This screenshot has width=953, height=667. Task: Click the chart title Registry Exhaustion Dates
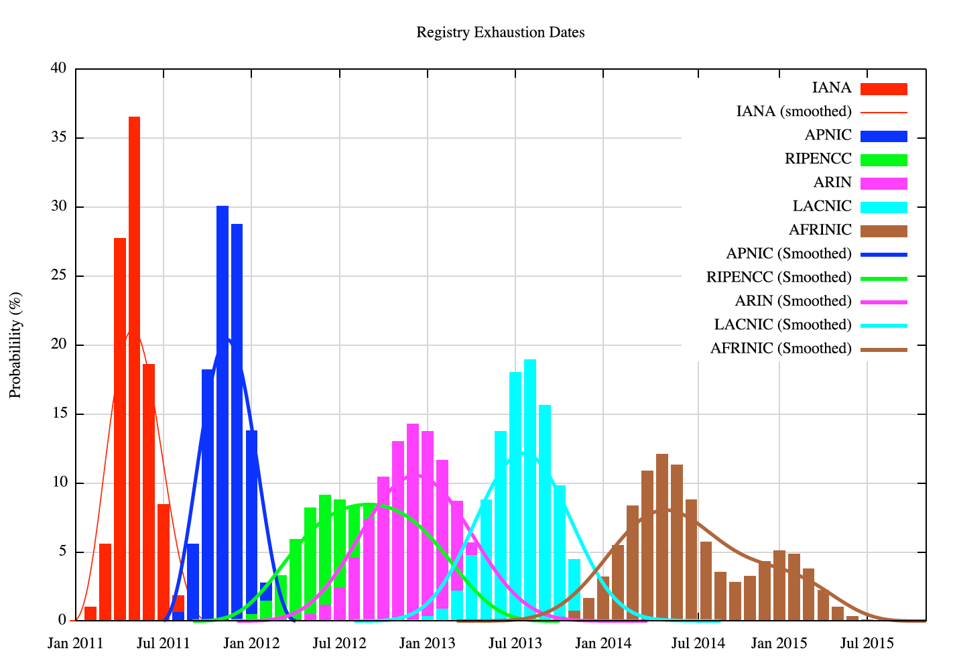coord(500,32)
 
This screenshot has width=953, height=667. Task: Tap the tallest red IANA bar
coord(134,369)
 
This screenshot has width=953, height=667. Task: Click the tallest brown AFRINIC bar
coord(662,536)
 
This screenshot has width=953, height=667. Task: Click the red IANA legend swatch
coord(883,88)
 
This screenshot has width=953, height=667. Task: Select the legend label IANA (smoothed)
coord(793,111)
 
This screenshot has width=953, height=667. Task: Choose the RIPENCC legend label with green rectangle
coord(818,159)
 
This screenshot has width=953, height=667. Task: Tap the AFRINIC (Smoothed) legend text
coord(781,349)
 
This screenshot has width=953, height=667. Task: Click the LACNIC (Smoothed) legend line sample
coord(883,326)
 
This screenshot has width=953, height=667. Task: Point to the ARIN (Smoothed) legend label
coord(793,301)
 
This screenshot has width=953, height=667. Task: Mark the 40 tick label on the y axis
coord(58,68)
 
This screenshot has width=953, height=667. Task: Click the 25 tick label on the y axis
coord(58,276)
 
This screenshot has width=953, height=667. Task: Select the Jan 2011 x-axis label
coord(75,644)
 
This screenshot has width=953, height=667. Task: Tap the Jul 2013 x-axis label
coord(515,644)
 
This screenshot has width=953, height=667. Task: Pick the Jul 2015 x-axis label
coord(867,644)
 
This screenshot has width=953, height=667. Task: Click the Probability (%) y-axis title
coord(15,345)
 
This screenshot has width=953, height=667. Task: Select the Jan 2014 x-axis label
coord(603,644)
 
